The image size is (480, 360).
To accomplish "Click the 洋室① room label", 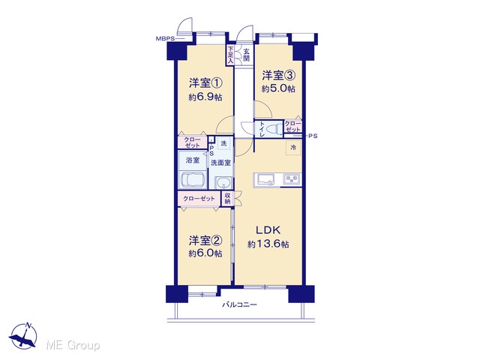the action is click(205, 83).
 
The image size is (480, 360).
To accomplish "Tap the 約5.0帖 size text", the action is click(278, 88).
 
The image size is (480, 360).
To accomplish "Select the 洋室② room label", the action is click(205, 241).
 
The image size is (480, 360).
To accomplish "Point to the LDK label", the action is click(268, 229).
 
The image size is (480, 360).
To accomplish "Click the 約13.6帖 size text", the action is click(268, 244).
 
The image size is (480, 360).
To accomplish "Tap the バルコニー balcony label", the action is click(239, 304).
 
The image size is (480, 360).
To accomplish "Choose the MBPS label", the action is click(165, 39).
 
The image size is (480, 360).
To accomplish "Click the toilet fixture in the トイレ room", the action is click(274, 128).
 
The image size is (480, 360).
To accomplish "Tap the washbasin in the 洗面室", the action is click(224, 183).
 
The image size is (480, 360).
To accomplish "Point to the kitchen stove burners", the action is click(292, 179).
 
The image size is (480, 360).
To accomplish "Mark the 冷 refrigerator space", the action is click(293, 148).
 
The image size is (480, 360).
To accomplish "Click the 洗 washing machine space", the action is click(223, 143).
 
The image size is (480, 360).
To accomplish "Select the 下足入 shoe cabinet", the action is click(230, 55).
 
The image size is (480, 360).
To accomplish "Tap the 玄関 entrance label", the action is click(247, 55).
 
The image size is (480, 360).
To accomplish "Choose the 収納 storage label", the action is click(227, 198).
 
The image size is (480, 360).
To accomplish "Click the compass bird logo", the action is click(23, 336).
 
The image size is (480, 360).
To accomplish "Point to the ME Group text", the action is click(73, 346).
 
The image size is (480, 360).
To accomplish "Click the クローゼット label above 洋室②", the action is click(199, 199).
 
